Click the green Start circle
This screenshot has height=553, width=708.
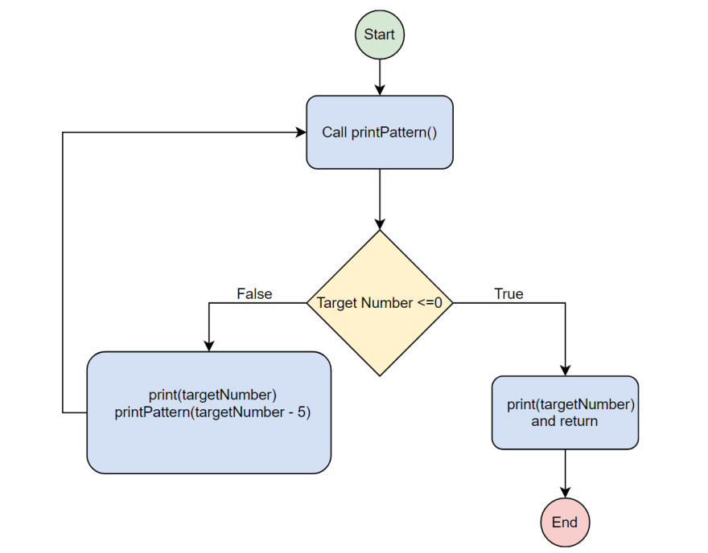pos(379,35)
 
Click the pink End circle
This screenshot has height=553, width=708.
pos(564,522)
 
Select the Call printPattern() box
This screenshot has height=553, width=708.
pos(379,133)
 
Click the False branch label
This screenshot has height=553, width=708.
pos(254,294)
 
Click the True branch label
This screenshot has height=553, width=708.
pos(508,294)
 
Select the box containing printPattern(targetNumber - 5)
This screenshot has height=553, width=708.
pos(208,412)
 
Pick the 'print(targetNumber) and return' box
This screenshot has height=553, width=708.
pos(565,412)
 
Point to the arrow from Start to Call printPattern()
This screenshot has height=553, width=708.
pos(379,77)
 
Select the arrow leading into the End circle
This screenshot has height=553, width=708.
pos(565,474)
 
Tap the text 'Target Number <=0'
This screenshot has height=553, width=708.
pos(380,303)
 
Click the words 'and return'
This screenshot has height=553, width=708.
pos(564,420)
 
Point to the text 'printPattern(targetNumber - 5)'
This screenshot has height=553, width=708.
pos(212,412)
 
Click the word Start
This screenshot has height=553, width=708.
pos(379,35)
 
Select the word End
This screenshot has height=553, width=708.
pos(564,522)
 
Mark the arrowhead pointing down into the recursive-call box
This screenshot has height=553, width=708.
pos(208,346)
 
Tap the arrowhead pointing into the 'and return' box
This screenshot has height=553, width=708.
pos(565,371)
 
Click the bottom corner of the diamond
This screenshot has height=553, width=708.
pos(380,375)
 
